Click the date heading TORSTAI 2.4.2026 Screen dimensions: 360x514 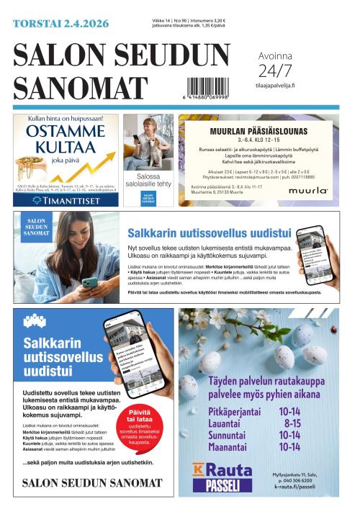(61, 24)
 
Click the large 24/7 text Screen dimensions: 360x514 (275, 71)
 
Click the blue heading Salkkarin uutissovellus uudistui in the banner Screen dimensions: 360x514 (209, 233)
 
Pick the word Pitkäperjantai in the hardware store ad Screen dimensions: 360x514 (236, 412)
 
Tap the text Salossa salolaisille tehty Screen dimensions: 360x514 (148, 180)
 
